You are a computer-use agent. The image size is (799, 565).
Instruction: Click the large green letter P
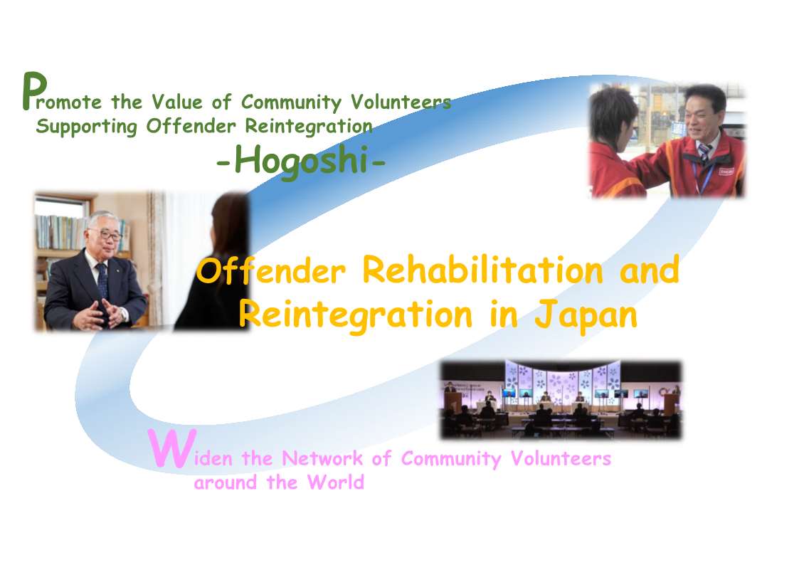pos(35,91)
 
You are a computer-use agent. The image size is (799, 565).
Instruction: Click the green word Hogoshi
pos(301,161)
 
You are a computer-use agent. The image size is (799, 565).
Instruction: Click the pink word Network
pos(322,458)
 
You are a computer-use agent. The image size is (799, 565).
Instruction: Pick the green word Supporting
pos(87,127)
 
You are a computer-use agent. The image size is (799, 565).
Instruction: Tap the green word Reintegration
pos(309,127)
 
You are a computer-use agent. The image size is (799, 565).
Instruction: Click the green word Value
pos(177,102)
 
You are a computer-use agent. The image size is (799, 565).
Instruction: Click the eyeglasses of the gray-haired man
pos(110,236)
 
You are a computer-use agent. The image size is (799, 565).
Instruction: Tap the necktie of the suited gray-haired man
pos(102,280)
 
